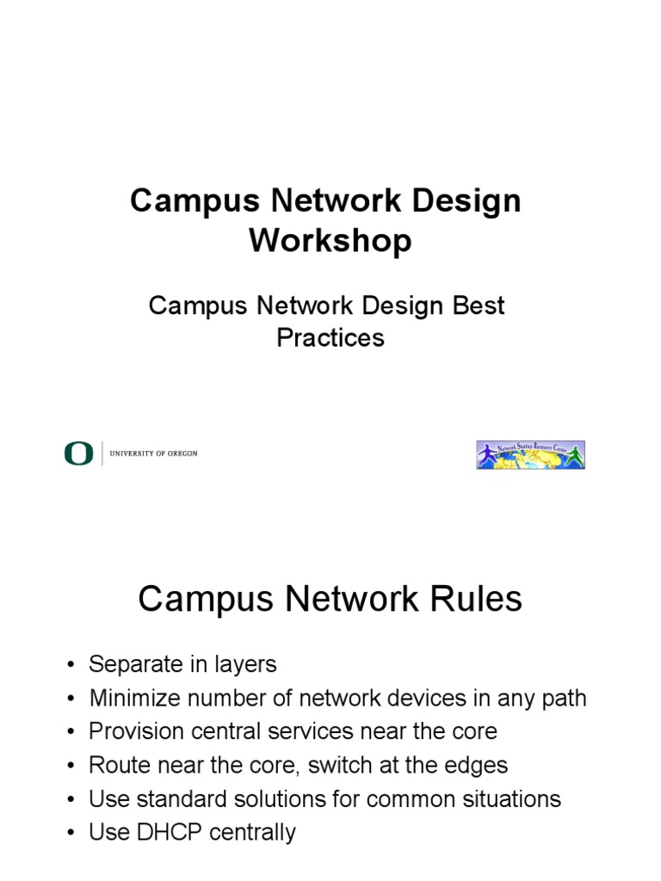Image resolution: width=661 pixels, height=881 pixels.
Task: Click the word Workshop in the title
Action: pos(330,242)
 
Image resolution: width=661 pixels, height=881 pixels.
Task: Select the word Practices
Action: pos(330,338)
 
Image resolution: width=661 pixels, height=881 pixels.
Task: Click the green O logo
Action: pos(78,453)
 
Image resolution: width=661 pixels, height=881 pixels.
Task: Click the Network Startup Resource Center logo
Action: pos(530,454)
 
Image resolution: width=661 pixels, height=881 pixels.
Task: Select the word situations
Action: pos(509,798)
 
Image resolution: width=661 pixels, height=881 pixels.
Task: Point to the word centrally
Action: pos(252,832)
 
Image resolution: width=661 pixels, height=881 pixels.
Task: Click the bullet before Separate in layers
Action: pos(69,665)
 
